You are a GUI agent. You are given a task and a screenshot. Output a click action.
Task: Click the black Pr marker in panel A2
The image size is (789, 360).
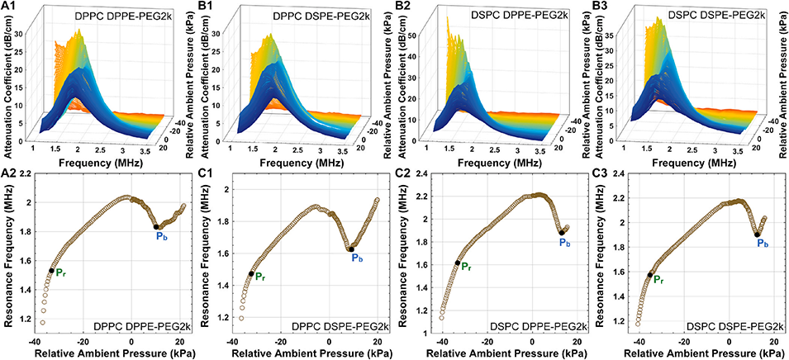click(x=51, y=270)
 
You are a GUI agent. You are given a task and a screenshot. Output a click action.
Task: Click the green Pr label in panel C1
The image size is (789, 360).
click(x=259, y=277)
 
